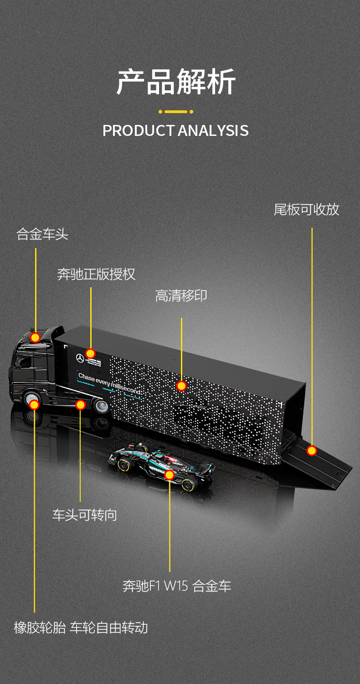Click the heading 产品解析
click(x=176, y=82)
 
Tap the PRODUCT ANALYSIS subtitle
click(x=175, y=130)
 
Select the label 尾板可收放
click(x=306, y=209)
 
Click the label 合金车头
click(x=42, y=234)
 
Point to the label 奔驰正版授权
click(x=96, y=274)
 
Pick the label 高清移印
click(x=181, y=295)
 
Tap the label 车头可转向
click(x=84, y=515)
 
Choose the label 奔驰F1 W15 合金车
click(x=177, y=586)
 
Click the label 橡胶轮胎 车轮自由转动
click(x=81, y=627)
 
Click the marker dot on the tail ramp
click(x=312, y=451)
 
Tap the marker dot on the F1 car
click(x=170, y=475)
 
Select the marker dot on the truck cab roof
click(x=35, y=337)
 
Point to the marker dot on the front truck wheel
click(x=34, y=404)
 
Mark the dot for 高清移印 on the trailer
click(x=181, y=386)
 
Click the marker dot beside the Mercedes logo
click(x=90, y=353)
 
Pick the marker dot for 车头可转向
click(x=81, y=404)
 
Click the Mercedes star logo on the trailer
click(x=80, y=359)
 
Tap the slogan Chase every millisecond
click(x=109, y=383)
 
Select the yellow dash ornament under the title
click(x=176, y=111)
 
